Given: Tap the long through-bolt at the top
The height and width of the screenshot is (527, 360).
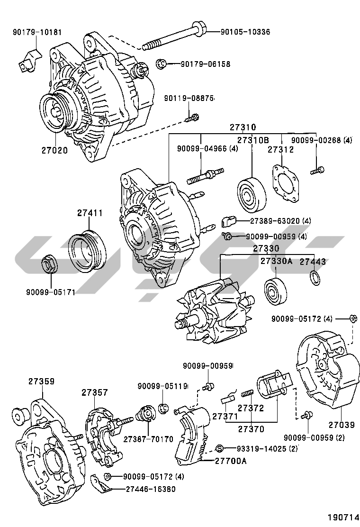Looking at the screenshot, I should click(175, 37).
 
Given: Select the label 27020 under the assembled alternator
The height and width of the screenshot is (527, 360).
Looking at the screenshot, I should click(54, 151).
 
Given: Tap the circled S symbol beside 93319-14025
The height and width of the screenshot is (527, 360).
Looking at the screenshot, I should click(219, 448).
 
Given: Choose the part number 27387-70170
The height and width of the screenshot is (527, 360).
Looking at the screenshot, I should click(148, 439).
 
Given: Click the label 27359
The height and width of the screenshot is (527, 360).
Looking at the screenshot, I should click(41, 381).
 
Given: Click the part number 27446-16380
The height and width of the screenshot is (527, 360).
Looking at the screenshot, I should click(150, 489).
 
